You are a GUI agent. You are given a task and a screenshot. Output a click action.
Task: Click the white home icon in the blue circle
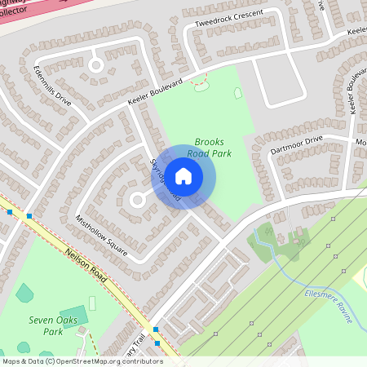pyautogui.click(x=183, y=176)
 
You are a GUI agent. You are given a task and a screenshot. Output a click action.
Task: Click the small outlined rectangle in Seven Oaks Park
pyautogui.click(x=91, y=303)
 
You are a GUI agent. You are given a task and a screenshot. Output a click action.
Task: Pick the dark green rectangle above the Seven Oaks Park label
pyautogui.click(x=73, y=315)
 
